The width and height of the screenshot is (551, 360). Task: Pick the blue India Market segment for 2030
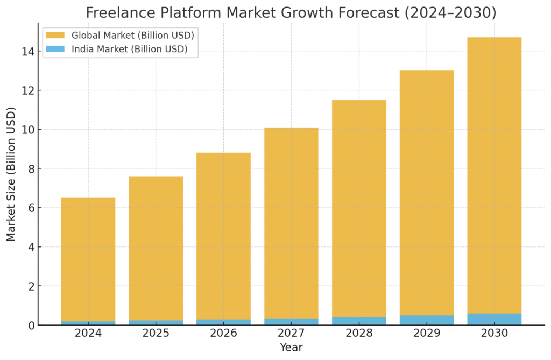pyautogui.click(x=494, y=319)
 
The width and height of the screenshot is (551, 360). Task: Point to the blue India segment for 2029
pyautogui.click(x=427, y=320)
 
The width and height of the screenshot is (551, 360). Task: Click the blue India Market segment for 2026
pyautogui.click(x=223, y=322)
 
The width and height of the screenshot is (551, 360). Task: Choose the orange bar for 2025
pyautogui.click(x=156, y=248)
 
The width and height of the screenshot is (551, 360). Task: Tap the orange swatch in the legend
pyautogui.click(x=55, y=36)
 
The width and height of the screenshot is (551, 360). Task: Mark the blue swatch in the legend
pyautogui.click(x=55, y=50)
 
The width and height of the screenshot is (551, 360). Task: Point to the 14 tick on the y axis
pyautogui.click(x=28, y=52)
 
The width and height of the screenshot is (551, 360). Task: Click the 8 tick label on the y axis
pyautogui.click(x=31, y=169)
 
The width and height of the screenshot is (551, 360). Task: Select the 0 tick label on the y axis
pyautogui.click(x=31, y=326)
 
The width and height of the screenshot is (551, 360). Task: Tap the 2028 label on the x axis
pyautogui.click(x=359, y=333)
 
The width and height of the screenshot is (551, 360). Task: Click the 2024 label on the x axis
pyautogui.click(x=88, y=333)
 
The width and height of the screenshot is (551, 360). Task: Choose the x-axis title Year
pyautogui.click(x=291, y=348)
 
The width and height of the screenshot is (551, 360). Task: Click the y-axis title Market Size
pyautogui.click(x=11, y=174)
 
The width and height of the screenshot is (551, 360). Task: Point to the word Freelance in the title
pyautogui.click(x=117, y=12)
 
